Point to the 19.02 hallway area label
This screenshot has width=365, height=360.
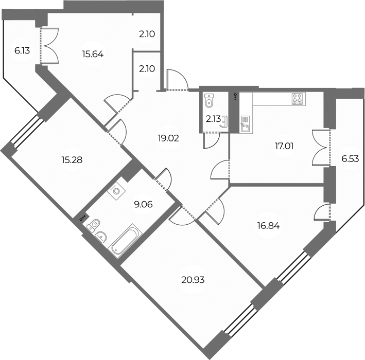tap(169, 138)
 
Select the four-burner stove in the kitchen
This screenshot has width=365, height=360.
tap(298, 98)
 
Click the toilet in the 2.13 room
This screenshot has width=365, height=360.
tap(208, 101)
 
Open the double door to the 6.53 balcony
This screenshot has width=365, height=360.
tap(321, 148)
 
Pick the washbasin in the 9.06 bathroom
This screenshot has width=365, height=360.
tap(102, 236)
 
